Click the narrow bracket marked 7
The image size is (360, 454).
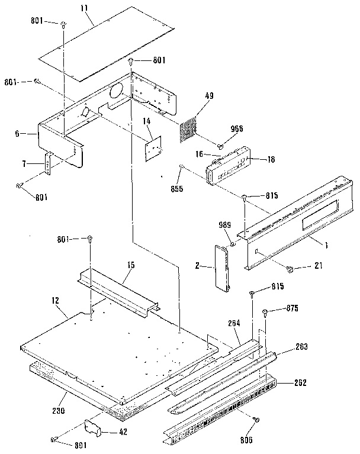coord(49,164)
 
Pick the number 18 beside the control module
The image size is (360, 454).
coord(256,160)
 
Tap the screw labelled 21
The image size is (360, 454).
coord(291,269)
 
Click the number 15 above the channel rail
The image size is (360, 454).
coord(130,265)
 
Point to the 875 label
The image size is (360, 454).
coord(292,308)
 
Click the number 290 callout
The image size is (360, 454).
coord(57,410)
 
